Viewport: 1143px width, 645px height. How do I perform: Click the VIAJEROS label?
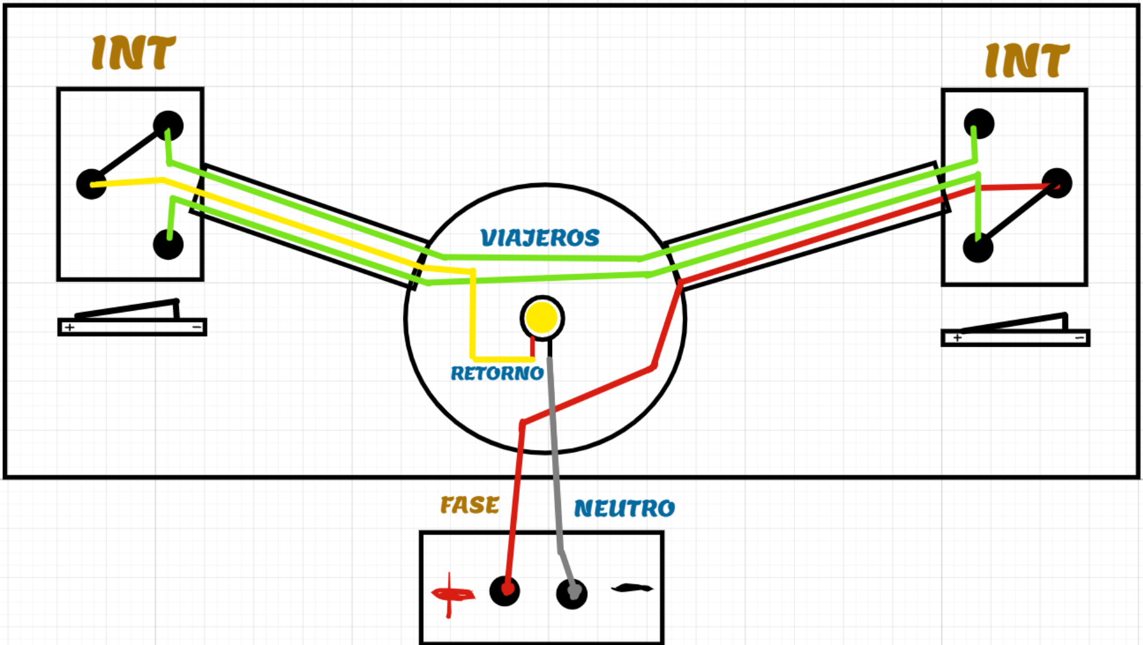[540, 238]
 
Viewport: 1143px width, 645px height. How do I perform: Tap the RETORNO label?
[497, 373]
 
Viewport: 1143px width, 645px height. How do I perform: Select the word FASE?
[470, 505]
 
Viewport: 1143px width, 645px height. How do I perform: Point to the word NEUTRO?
[624, 508]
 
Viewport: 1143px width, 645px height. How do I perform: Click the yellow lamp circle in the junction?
[542, 318]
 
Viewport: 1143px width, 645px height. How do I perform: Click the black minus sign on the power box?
[632, 587]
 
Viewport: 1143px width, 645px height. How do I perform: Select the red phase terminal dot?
[504, 590]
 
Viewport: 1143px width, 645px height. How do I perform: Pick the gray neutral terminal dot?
[571, 594]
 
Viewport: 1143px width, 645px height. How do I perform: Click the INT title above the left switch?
[133, 53]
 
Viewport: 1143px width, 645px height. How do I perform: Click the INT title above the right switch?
[1027, 61]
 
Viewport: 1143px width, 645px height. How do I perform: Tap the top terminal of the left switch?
[168, 126]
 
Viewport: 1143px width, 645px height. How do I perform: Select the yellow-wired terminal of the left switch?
[92, 184]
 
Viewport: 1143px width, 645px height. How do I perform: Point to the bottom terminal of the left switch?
[168, 244]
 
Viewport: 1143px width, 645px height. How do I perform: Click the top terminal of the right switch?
[979, 124]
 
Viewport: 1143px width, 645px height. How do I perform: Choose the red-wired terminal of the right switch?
[1057, 183]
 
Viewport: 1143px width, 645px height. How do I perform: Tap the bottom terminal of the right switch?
[978, 247]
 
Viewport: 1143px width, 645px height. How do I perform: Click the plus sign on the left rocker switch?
[70, 327]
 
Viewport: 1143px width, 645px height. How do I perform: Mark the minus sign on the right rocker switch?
[1079, 338]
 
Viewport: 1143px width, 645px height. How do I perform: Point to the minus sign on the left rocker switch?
[197, 327]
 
